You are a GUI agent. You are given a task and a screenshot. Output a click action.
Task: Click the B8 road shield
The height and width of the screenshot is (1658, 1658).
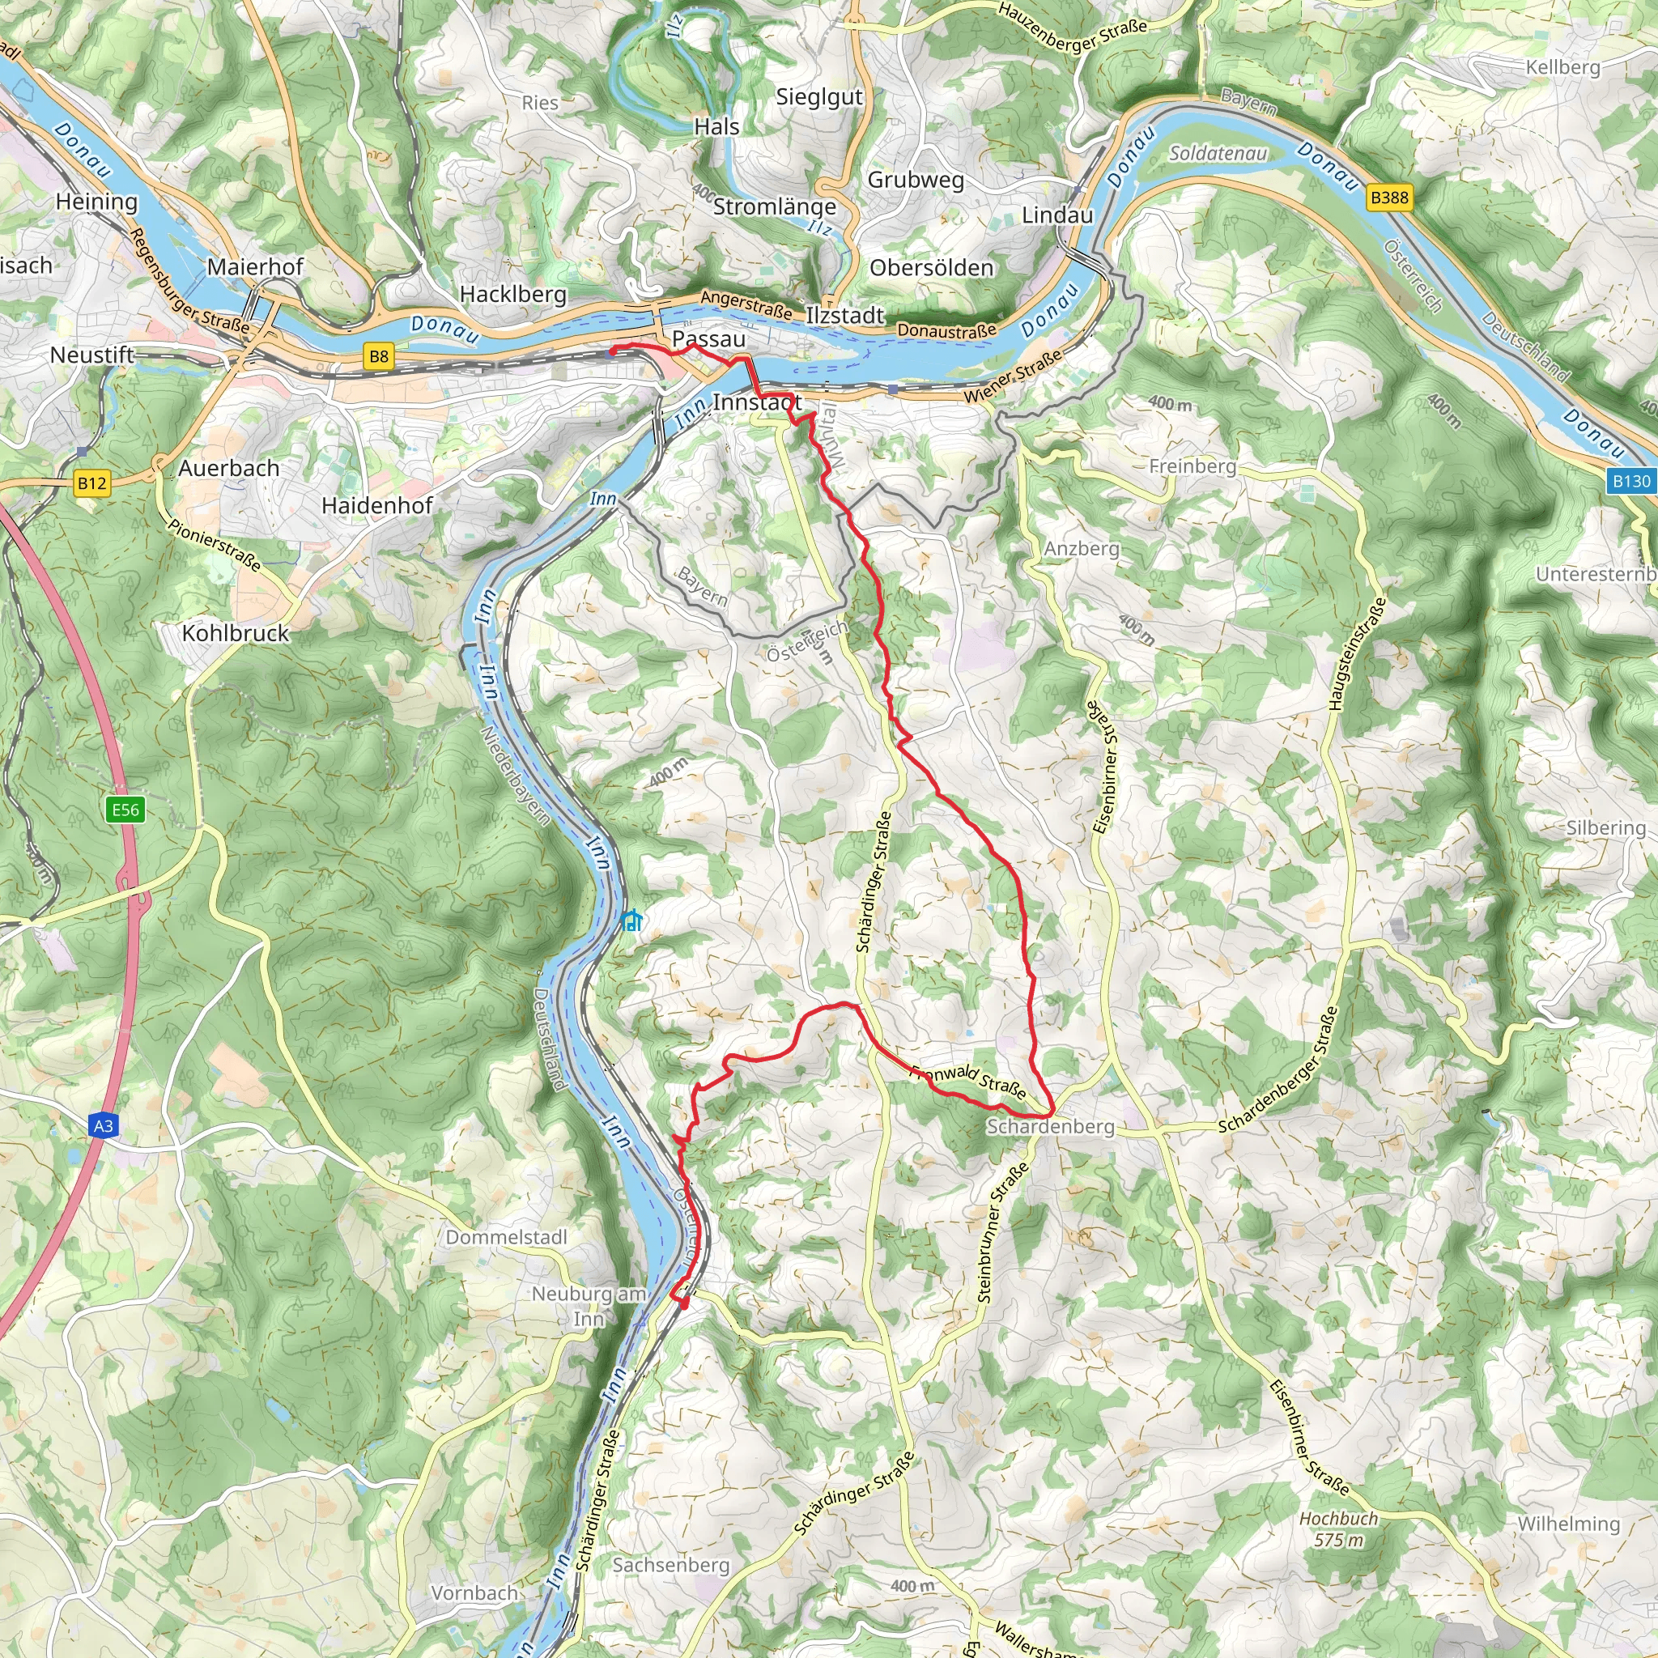pyautogui.click(x=378, y=356)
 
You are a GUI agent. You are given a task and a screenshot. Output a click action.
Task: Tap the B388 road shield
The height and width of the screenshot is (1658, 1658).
pyautogui.click(x=1388, y=198)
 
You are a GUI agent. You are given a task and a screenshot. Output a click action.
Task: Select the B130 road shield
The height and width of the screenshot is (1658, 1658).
pyautogui.click(x=1630, y=481)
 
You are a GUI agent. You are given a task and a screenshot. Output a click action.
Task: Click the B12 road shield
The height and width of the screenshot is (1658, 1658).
pyautogui.click(x=91, y=483)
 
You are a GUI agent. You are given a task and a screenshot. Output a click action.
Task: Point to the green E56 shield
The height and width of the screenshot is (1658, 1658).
pyautogui.click(x=125, y=810)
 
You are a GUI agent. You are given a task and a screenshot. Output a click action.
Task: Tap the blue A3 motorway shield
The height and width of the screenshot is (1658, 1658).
pyautogui.click(x=103, y=1126)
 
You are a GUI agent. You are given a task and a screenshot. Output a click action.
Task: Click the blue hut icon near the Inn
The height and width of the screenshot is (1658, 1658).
pyautogui.click(x=631, y=921)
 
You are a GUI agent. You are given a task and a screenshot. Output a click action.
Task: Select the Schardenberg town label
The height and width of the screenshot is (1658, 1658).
pyautogui.click(x=1050, y=1127)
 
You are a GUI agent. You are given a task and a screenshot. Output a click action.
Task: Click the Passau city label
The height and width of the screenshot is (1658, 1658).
pyautogui.click(x=709, y=339)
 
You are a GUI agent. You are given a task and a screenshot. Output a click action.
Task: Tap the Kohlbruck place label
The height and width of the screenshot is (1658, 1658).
pyautogui.click(x=235, y=633)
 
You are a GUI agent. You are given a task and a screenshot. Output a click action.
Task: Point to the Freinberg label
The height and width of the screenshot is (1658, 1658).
pyautogui.click(x=1192, y=466)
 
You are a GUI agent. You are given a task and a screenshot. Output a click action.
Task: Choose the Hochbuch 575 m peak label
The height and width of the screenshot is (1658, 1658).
pyautogui.click(x=1338, y=1528)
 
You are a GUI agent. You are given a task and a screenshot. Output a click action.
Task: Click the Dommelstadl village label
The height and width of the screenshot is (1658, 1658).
pyautogui.click(x=506, y=1238)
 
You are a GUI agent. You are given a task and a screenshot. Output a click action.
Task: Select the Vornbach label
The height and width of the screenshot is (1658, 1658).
pyautogui.click(x=474, y=1593)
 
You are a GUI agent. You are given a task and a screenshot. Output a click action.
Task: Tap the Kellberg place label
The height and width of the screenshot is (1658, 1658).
pyautogui.click(x=1562, y=67)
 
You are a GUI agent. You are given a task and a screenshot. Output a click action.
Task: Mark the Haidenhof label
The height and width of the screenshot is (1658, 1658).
pyautogui.click(x=376, y=505)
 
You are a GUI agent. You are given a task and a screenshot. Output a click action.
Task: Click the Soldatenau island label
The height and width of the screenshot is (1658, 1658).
pyautogui.click(x=1218, y=154)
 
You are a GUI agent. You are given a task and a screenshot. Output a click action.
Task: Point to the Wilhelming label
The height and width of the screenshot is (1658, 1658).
pyautogui.click(x=1569, y=1524)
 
